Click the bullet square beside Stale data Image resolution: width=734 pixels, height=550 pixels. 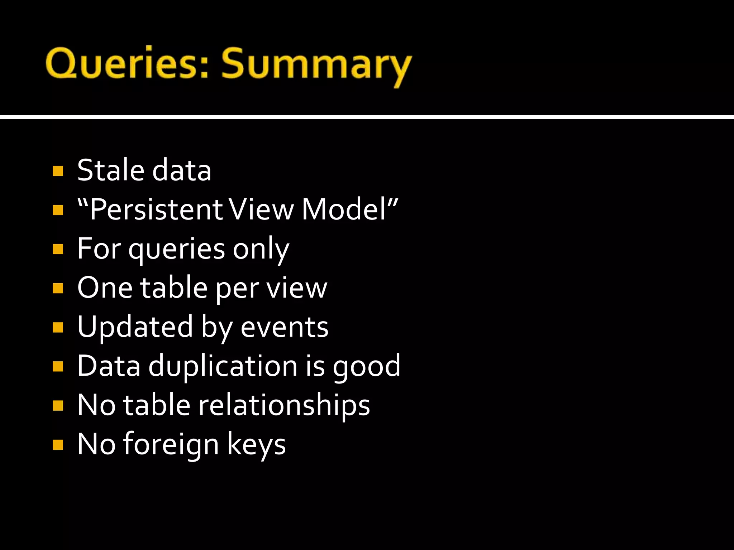(58, 171)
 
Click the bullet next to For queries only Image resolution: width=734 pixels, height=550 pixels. (58, 249)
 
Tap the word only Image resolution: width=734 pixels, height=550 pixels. (261, 249)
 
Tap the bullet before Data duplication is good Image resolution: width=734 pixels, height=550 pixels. (58, 366)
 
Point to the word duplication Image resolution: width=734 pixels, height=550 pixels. (223, 366)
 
